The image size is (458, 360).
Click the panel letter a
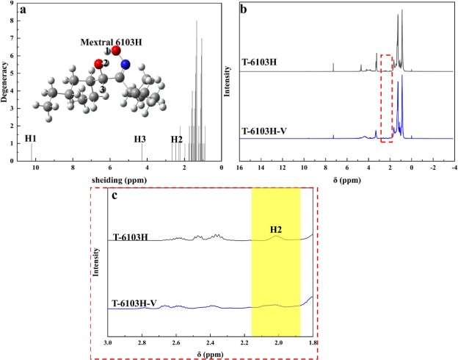(26, 11)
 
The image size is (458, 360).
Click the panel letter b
(244, 11)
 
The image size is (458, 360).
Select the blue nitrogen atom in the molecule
(126, 65)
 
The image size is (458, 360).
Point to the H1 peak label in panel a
(30, 138)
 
